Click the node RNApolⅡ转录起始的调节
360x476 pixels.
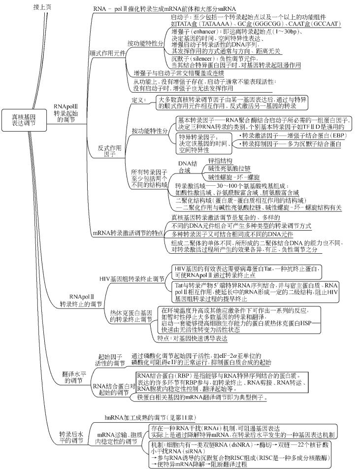(67, 112)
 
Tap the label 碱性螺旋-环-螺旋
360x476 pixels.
(234, 176)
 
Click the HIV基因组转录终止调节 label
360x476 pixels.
(131, 278)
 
